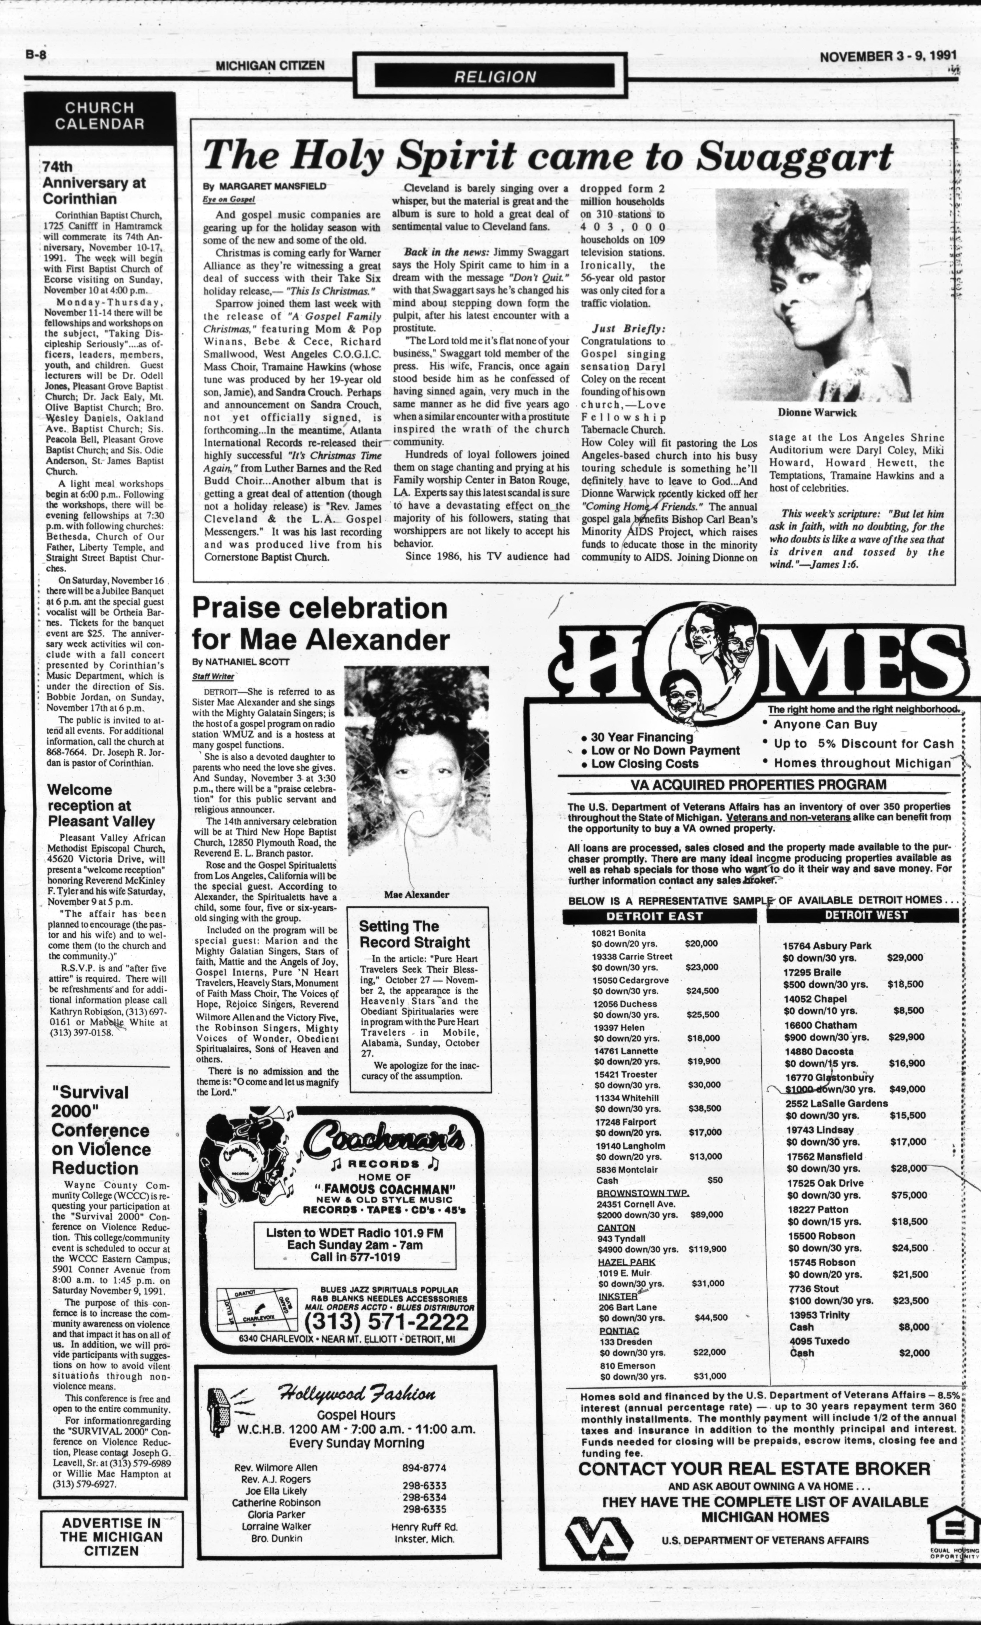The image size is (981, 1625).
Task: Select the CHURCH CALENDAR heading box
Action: tap(100, 115)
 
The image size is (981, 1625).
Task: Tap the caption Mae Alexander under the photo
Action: tap(416, 895)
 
